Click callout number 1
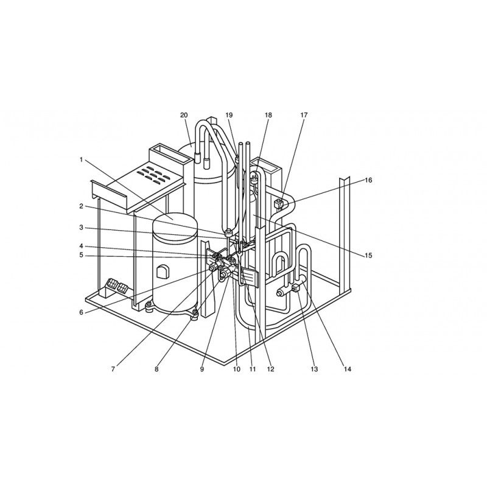point(81,160)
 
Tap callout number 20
point(184,115)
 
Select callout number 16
point(368,180)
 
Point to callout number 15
point(368,256)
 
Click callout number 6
point(82,312)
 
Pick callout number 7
point(113,369)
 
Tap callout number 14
point(347,369)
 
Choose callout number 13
point(314,369)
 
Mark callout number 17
point(304,115)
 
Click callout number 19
point(229,115)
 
